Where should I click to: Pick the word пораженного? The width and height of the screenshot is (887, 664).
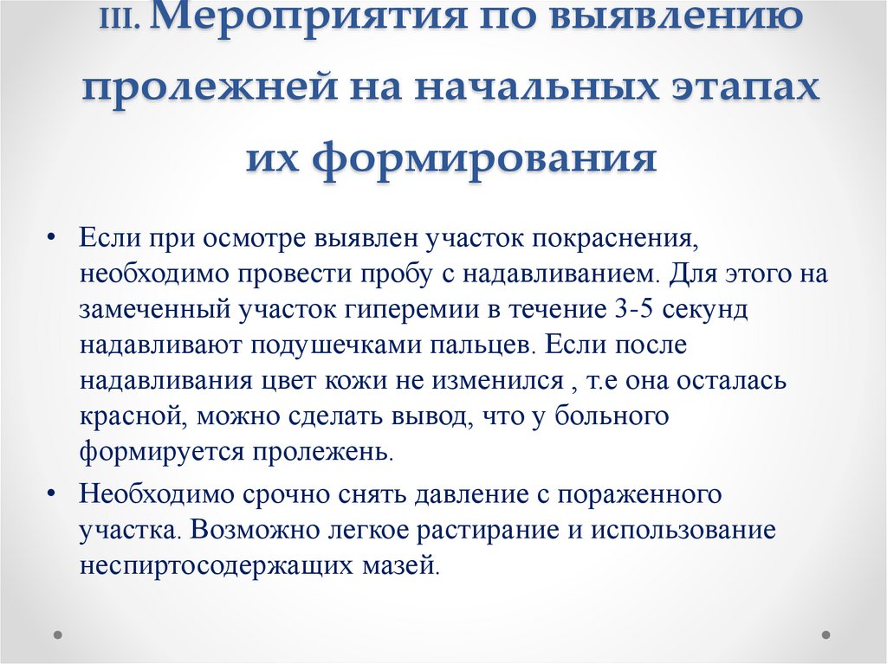click(x=637, y=493)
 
